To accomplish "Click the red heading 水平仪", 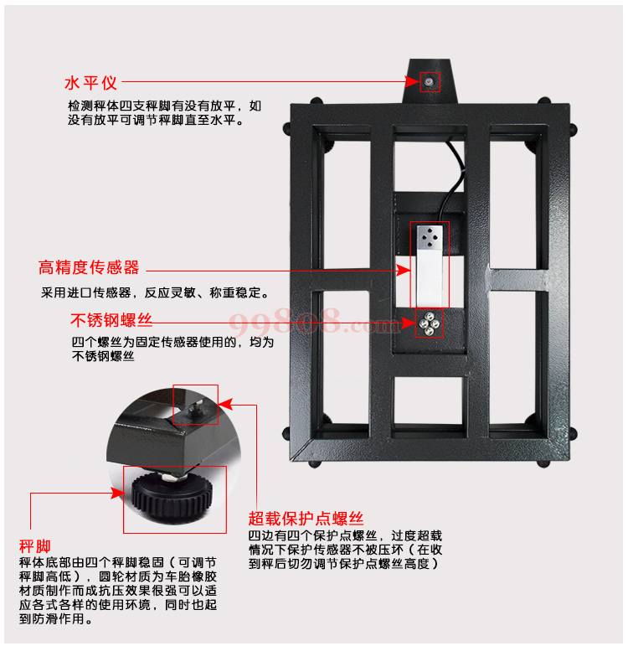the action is point(90,83).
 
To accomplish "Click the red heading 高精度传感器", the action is point(89,267).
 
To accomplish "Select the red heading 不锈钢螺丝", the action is point(111,320).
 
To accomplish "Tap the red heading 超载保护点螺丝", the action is point(306,519).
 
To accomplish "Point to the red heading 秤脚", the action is point(35,546).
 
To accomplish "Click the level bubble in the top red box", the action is point(430,81).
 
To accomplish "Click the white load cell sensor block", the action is point(430,265).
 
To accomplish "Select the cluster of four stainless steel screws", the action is point(429,323).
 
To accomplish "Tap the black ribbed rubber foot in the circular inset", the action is point(172,496).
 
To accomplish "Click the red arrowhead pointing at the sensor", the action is point(404,271).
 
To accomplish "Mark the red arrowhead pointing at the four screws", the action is point(408,323).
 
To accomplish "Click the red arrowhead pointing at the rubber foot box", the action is point(118,493).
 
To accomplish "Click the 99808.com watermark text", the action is point(313,322).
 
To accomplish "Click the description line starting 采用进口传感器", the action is point(155,292).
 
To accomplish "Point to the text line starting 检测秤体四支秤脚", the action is point(165,106).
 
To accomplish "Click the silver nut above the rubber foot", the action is point(173,477).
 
